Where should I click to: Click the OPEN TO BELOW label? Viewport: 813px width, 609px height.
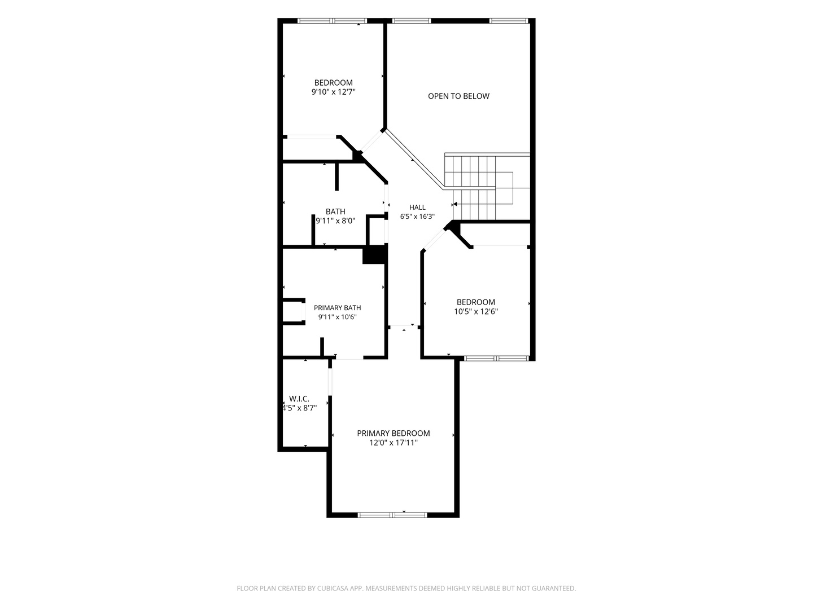tap(458, 96)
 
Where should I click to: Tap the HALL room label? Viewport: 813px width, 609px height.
tap(417, 208)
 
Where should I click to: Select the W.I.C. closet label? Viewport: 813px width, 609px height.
tap(299, 399)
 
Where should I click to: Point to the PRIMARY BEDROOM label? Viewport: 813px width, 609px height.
tap(394, 433)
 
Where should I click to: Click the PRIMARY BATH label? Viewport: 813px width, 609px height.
tap(338, 308)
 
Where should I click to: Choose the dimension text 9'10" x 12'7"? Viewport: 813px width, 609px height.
tap(333, 92)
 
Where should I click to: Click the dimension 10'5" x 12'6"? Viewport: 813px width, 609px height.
tap(476, 311)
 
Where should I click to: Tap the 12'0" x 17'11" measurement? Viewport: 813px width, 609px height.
tap(394, 443)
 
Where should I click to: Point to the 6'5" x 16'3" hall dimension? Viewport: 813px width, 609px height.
tap(417, 217)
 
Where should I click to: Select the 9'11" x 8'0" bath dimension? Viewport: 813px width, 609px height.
tap(335, 220)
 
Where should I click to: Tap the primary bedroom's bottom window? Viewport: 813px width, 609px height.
tap(392, 515)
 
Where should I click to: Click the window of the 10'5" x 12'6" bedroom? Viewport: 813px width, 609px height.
tap(496, 358)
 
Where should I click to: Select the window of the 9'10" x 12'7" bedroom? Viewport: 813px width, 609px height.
tap(332, 21)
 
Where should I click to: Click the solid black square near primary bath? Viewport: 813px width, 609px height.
tap(374, 255)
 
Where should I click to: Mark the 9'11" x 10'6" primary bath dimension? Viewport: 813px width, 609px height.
tap(338, 317)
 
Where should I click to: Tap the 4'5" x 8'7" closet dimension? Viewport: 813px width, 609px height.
tap(299, 408)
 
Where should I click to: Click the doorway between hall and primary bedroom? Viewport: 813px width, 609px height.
tap(404, 327)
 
